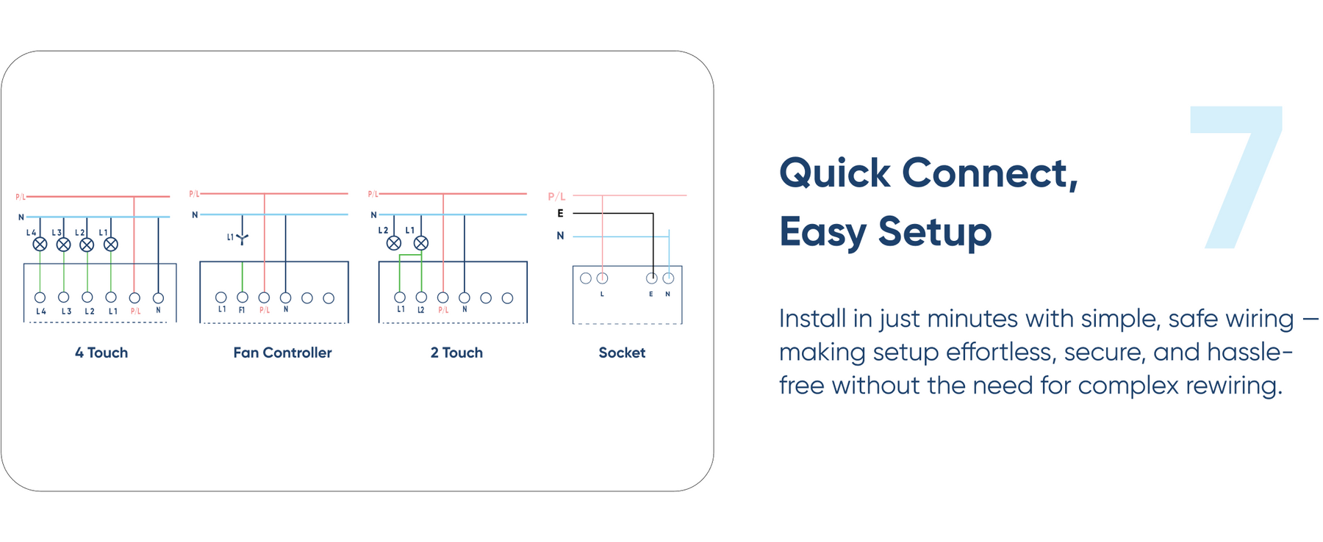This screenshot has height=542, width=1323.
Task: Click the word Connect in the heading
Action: (x=989, y=173)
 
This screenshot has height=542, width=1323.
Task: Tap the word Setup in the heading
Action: (x=934, y=232)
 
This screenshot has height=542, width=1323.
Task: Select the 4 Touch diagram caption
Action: (x=101, y=353)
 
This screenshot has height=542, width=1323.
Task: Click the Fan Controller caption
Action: (x=282, y=353)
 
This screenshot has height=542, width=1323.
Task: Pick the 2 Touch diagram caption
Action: (x=456, y=353)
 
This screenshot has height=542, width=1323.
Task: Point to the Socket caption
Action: (x=622, y=353)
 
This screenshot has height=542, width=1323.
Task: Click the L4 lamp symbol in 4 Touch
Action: (x=40, y=245)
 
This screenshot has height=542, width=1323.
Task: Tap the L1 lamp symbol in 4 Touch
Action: (x=111, y=245)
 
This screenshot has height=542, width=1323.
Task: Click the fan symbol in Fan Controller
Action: (x=243, y=237)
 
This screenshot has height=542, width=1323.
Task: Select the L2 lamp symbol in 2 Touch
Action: (x=394, y=243)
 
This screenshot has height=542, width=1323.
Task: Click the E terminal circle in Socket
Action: (x=651, y=278)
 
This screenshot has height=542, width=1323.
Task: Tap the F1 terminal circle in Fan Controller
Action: (x=243, y=297)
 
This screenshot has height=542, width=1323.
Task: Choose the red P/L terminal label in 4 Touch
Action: (x=135, y=311)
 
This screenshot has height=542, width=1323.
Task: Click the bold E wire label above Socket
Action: (x=560, y=214)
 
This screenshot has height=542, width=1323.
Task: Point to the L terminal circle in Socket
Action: (x=603, y=278)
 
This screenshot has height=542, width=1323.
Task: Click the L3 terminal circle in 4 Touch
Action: (x=64, y=297)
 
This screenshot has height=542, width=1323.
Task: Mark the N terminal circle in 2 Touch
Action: (x=465, y=297)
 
